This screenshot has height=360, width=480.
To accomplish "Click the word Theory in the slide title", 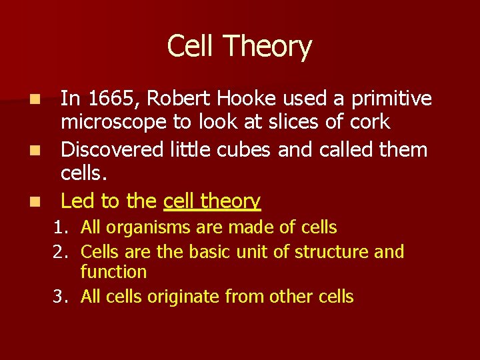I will (267, 47).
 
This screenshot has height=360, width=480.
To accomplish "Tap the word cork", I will (373, 123).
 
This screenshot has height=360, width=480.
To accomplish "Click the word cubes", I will (243, 149).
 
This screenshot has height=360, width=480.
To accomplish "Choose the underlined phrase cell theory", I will (212, 201).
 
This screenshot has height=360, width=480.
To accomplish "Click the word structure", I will (331, 252).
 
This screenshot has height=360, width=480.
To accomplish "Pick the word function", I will (113, 272).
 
